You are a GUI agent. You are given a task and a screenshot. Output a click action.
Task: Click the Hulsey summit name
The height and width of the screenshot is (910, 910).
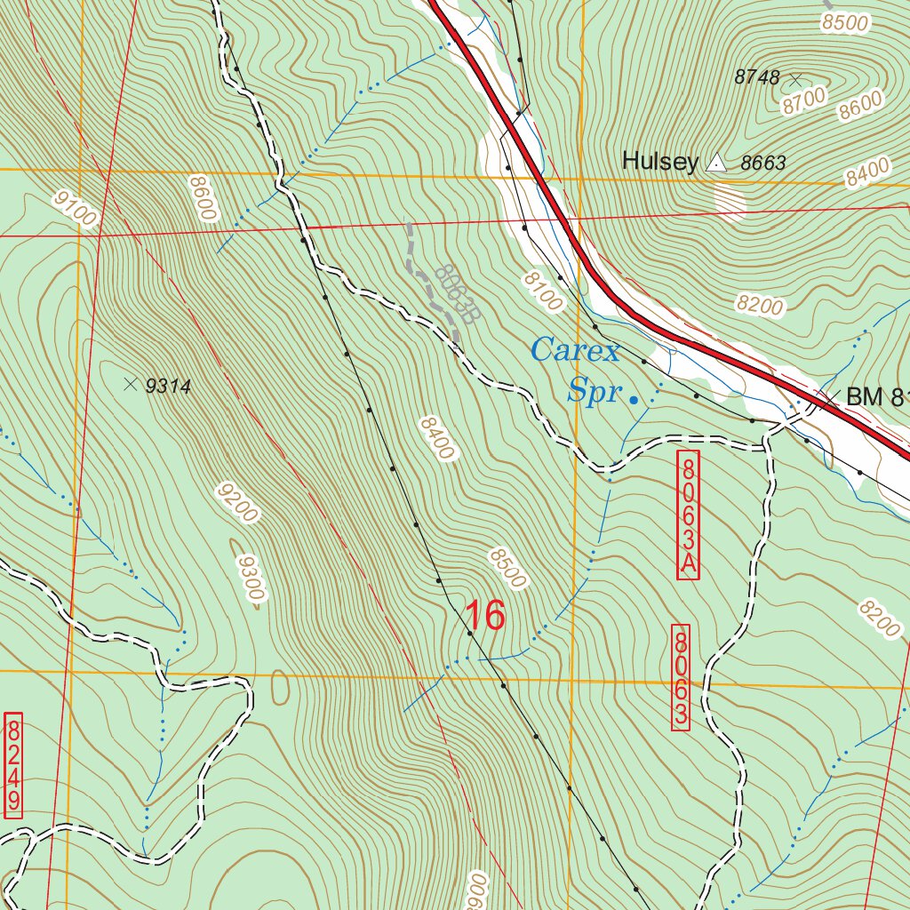tap(659, 161)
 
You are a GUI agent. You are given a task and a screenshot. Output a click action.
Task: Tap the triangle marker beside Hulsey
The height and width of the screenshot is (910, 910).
tap(715, 163)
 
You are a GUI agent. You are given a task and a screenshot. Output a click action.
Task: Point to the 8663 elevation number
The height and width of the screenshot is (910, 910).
tap(763, 163)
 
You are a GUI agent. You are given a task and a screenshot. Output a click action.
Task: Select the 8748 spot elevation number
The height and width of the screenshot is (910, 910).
tap(756, 77)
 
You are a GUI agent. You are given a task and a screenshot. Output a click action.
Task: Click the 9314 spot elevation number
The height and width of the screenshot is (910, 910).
tap(168, 386)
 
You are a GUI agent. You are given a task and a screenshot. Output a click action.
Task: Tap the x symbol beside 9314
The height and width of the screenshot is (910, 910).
tap(131, 384)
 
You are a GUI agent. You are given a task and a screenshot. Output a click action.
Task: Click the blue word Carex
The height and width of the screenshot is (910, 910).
tap(575, 351)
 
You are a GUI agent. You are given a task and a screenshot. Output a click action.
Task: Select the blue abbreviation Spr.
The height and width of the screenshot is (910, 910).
tap(593, 391)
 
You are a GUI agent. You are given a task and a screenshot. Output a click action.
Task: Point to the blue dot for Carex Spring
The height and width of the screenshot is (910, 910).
tap(634, 401)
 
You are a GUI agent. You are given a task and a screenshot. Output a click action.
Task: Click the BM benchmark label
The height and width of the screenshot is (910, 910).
tap(875, 397)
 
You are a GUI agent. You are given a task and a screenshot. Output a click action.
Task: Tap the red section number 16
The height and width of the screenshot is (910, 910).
tap(485, 616)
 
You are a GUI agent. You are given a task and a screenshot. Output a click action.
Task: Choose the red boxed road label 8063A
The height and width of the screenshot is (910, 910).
tap(689, 515)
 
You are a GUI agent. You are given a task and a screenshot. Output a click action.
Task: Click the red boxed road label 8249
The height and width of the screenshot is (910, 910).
tap(13, 765)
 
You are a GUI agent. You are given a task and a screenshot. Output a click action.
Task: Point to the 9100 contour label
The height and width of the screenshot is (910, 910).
tap(74, 208)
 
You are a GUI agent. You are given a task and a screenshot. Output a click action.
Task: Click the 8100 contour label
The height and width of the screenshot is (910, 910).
tap(542, 291)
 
